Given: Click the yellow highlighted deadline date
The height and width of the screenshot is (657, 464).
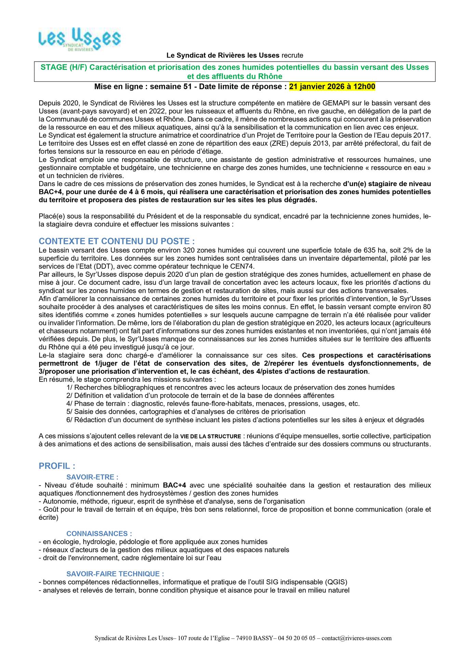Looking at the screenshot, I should (x=332, y=87).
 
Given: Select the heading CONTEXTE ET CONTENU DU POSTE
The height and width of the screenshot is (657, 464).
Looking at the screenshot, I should (x=117, y=241).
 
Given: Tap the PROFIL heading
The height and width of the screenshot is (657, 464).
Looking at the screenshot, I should (x=57, y=466).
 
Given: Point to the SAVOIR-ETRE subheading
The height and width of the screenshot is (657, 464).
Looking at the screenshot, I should (x=92, y=477).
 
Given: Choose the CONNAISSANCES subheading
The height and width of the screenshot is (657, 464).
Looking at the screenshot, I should (x=99, y=534).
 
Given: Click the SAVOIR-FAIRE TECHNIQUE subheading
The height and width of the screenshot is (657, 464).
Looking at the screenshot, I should (x=115, y=574).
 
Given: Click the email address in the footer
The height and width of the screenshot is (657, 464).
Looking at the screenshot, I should (x=356, y=638).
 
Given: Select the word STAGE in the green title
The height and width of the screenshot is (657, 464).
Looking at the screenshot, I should (x=54, y=67).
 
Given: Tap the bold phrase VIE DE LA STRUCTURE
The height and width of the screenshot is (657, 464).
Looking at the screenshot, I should (x=211, y=437).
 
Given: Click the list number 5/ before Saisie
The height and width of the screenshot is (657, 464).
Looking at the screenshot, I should (x=70, y=412).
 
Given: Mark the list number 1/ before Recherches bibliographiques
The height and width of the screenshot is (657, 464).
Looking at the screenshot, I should (x=70, y=388).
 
